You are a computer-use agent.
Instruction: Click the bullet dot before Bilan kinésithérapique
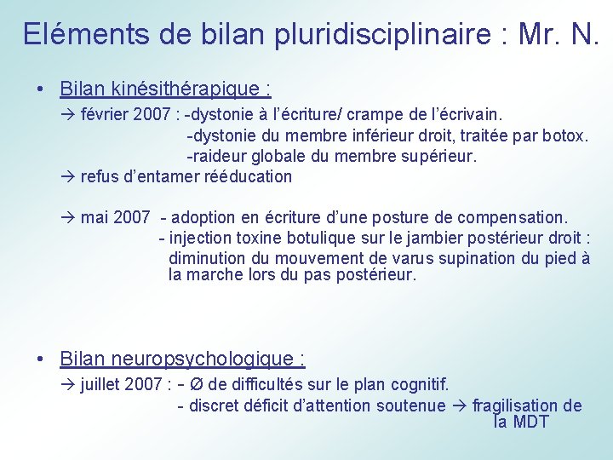tap(41, 89)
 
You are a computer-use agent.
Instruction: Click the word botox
tap(566, 135)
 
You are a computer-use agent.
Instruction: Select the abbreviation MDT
tap(531, 423)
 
